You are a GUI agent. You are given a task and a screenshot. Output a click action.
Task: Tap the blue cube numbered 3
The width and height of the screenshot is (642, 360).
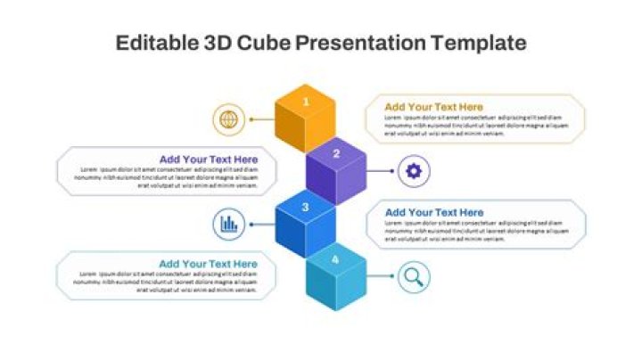pos(305,226)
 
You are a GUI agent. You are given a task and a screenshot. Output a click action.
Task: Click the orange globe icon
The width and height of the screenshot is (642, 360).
pos(229,119)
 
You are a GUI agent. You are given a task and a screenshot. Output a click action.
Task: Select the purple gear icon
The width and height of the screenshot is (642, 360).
pos(413,171)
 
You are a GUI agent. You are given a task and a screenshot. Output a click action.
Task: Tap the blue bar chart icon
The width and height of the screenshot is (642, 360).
pos(229,225)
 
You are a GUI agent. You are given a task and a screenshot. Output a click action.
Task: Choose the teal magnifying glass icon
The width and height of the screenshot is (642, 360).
pos(413,277)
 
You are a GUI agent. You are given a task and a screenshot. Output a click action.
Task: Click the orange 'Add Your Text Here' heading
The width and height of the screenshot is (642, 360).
pos(434,107)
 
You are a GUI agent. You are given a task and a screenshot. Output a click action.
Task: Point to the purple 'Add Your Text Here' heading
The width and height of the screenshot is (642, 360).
pos(208,160)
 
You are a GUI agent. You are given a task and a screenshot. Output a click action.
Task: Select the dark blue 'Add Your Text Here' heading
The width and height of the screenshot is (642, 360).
pos(434,212)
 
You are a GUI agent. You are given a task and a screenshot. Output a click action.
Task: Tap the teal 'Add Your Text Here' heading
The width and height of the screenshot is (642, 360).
pos(208,264)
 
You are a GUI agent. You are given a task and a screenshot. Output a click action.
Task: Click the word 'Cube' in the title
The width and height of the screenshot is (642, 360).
pos(262,43)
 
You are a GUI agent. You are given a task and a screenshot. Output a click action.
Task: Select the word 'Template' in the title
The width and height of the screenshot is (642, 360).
pos(479,43)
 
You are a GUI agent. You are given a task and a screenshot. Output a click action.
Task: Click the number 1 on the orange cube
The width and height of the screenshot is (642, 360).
pos(306,102)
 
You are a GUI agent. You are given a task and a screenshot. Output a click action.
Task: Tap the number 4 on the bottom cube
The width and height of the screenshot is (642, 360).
pos(335,259)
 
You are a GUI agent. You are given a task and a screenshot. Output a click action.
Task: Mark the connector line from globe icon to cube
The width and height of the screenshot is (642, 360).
pos(262,119)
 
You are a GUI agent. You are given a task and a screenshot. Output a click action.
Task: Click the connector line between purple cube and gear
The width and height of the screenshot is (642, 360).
pos(380,171)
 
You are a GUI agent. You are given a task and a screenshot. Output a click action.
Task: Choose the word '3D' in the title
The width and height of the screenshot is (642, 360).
pos(217,43)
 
